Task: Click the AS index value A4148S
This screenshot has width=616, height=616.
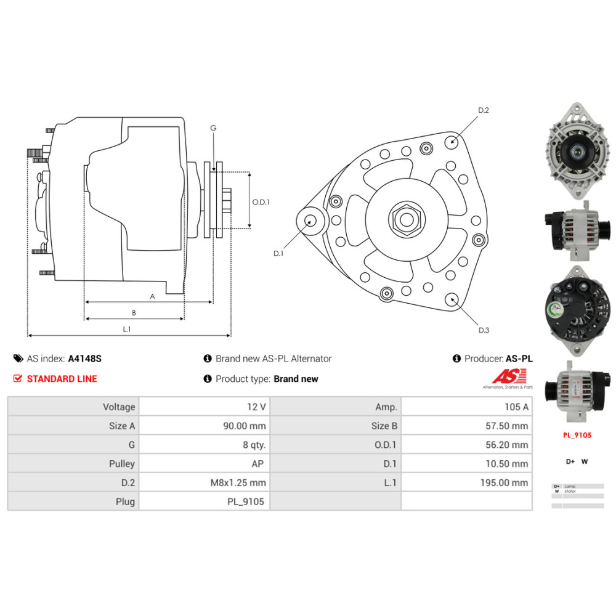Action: point(84,359)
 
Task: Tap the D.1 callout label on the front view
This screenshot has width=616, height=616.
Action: point(278,253)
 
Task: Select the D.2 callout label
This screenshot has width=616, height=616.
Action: point(484,110)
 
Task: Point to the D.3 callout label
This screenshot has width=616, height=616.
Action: point(484,330)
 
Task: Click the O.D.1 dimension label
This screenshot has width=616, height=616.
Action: point(261,201)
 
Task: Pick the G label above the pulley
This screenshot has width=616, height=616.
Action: point(213,128)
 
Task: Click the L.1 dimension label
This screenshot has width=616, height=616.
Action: point(126,329)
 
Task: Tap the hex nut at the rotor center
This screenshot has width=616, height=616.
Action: point(406,219)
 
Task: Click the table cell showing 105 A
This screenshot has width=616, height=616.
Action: point(466,407)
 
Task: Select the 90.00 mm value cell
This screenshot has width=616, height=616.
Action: point(205,426)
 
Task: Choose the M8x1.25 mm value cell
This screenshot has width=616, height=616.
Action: point(205,482)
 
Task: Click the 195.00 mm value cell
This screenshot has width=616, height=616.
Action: point(466,482)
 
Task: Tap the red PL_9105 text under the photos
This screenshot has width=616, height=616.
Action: point(577,435)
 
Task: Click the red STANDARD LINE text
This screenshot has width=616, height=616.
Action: point(62,379)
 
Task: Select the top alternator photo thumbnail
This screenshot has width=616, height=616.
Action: point(577,150)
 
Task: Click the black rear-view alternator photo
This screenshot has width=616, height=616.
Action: point(577,312)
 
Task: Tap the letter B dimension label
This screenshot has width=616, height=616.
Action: point(134,312)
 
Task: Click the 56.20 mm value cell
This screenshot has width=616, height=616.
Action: point(466,445)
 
